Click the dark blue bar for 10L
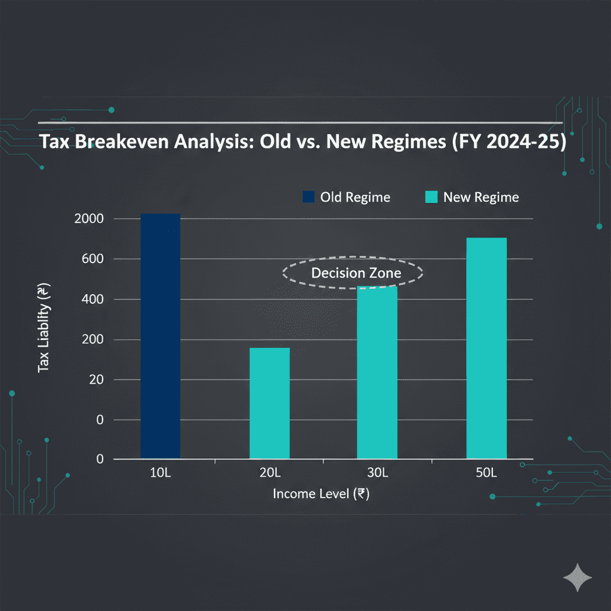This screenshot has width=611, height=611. coord(160,336)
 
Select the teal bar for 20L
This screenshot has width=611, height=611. coord(269,403)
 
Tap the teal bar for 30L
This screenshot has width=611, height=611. coord(377,373)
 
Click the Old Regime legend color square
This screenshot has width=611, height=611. coord(308,197)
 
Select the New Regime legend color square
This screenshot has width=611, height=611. coord(431,197)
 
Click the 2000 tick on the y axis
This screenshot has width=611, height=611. coord(90,219)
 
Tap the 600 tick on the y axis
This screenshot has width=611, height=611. coord(93,259)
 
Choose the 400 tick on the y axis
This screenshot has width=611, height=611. coord(93,300)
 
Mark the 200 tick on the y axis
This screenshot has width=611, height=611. coord(93,340)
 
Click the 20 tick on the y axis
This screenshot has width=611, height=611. coord(96,379)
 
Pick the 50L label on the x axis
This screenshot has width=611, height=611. coord(486,473)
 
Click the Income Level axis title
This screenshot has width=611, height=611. coord(321,494)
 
